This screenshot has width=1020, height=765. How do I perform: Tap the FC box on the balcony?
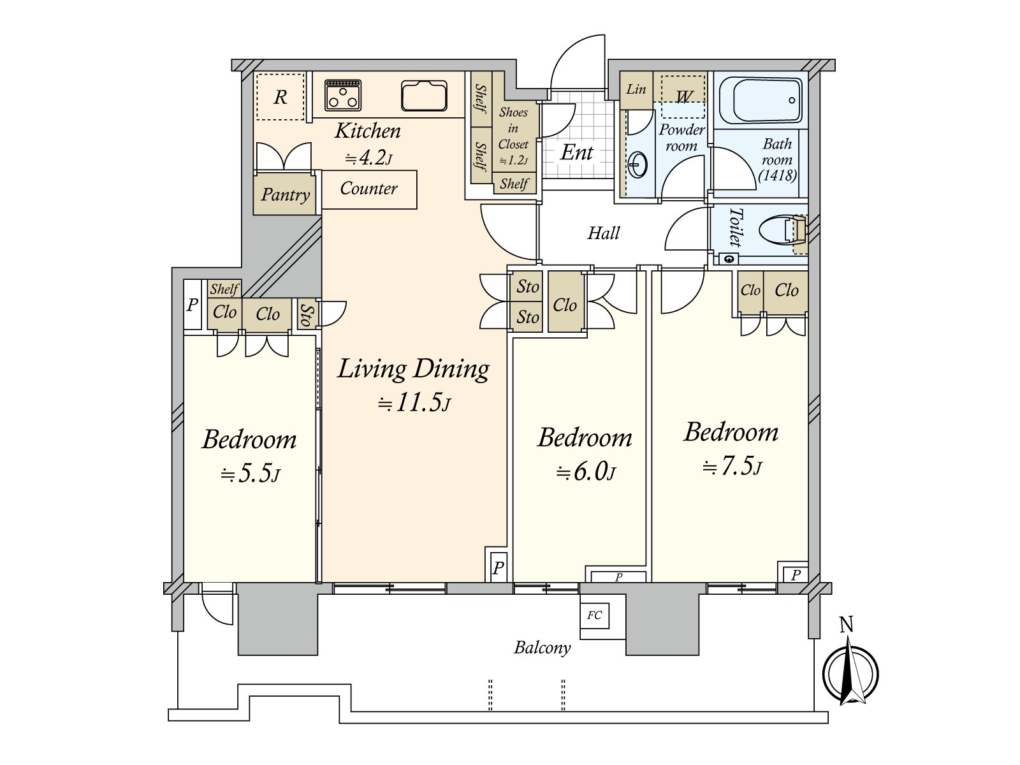(594, 616)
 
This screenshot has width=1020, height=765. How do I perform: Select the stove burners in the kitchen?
(343, 95)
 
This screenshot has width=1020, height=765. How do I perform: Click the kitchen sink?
(424, 96)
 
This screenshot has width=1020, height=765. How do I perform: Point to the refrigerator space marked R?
(280, 97)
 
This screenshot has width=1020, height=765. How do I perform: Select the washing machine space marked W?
(683, 97)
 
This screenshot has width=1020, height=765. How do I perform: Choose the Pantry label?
(286, 194)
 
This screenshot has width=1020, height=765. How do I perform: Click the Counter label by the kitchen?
(368, 189)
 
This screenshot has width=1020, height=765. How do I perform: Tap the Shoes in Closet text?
(513, 136)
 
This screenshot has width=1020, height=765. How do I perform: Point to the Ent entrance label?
(577, 153)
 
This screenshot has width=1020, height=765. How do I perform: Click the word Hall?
(603, 233)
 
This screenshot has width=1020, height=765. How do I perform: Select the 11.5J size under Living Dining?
(415, 404)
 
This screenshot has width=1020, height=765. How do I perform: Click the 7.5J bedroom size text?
(731, 468)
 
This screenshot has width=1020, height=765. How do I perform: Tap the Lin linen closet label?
(636, 89)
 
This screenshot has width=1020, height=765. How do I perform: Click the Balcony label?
(542, 648)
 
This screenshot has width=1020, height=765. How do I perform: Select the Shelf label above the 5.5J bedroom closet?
(224, 289)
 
